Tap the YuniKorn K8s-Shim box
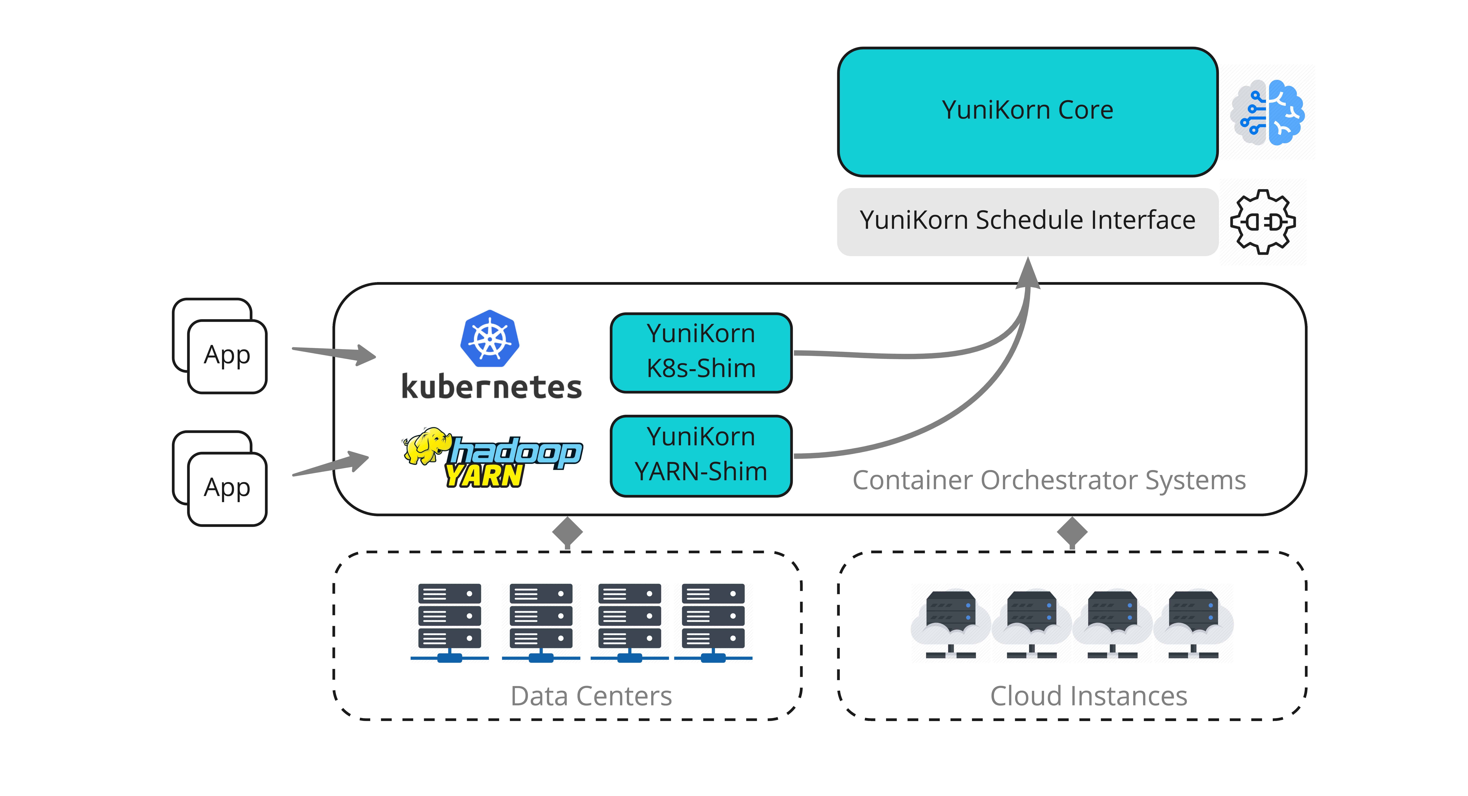(701, 352)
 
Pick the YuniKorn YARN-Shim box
(701, 455)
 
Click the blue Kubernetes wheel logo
(489, 338)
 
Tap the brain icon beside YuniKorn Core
(1268, 112)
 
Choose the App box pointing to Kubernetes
(227, 356)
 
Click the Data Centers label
(591, 696)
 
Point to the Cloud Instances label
(1088, 696)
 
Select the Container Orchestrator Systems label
(1049, 480)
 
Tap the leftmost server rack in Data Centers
(449, 621)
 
